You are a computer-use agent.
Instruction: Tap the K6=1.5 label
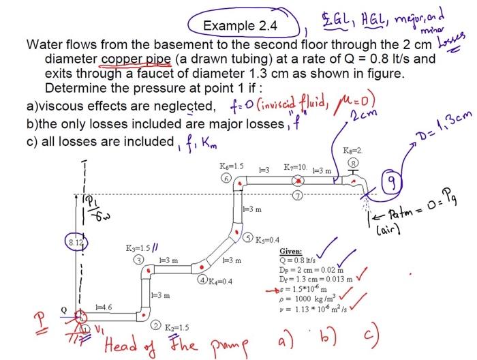pos(231,166)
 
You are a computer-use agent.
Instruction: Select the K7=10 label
pos(298,166)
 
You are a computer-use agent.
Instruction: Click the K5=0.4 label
pos(266,240)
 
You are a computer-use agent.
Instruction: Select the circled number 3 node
pos(139,260)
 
